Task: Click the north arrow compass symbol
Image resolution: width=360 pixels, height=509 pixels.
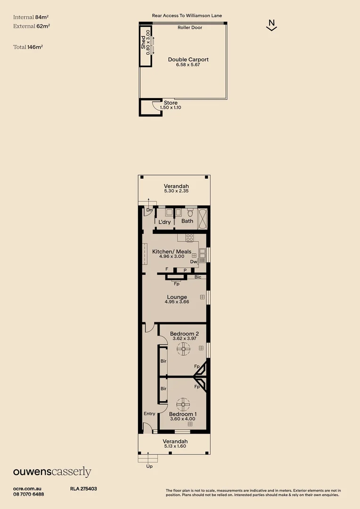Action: point(271,25)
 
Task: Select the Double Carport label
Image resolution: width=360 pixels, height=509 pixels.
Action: point(188,60)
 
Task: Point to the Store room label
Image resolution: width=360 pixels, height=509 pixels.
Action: point(171,103)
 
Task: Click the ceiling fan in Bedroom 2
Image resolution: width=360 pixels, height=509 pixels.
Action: point(183,349)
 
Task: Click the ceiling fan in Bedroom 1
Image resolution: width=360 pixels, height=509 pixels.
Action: point(183,404)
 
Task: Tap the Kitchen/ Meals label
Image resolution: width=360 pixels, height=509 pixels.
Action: point(172,252)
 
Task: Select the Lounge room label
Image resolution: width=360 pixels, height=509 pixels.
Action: point(177,297)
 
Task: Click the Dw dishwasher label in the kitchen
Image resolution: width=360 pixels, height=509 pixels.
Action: point(193,262)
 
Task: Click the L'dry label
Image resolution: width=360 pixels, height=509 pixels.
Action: point(164,222)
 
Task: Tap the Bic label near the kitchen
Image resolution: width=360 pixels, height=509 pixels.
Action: point(198,277)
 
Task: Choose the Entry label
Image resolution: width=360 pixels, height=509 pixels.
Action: point(149,414)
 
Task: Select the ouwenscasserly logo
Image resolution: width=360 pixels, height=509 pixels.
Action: point(52,472)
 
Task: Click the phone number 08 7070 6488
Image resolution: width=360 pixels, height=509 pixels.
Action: point(29,494)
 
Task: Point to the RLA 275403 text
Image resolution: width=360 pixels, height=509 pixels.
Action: point(83,489)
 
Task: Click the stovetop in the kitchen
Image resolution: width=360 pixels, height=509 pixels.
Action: point(189,238)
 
